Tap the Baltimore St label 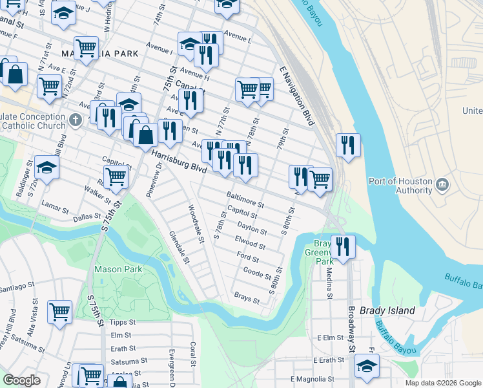(x=245, y=199)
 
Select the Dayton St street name (x=252, y=228)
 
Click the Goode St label (x=258, y=274)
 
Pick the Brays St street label (x=247, y=298)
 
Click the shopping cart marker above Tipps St (x=59, y=311)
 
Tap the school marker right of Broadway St (x=367, y=366)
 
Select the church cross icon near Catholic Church (x=76, y=120)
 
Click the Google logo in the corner (x=22, y=380)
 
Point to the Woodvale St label (x=196, y=224)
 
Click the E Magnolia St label (x=313, y=379)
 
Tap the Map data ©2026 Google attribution (x=442, y=383)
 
